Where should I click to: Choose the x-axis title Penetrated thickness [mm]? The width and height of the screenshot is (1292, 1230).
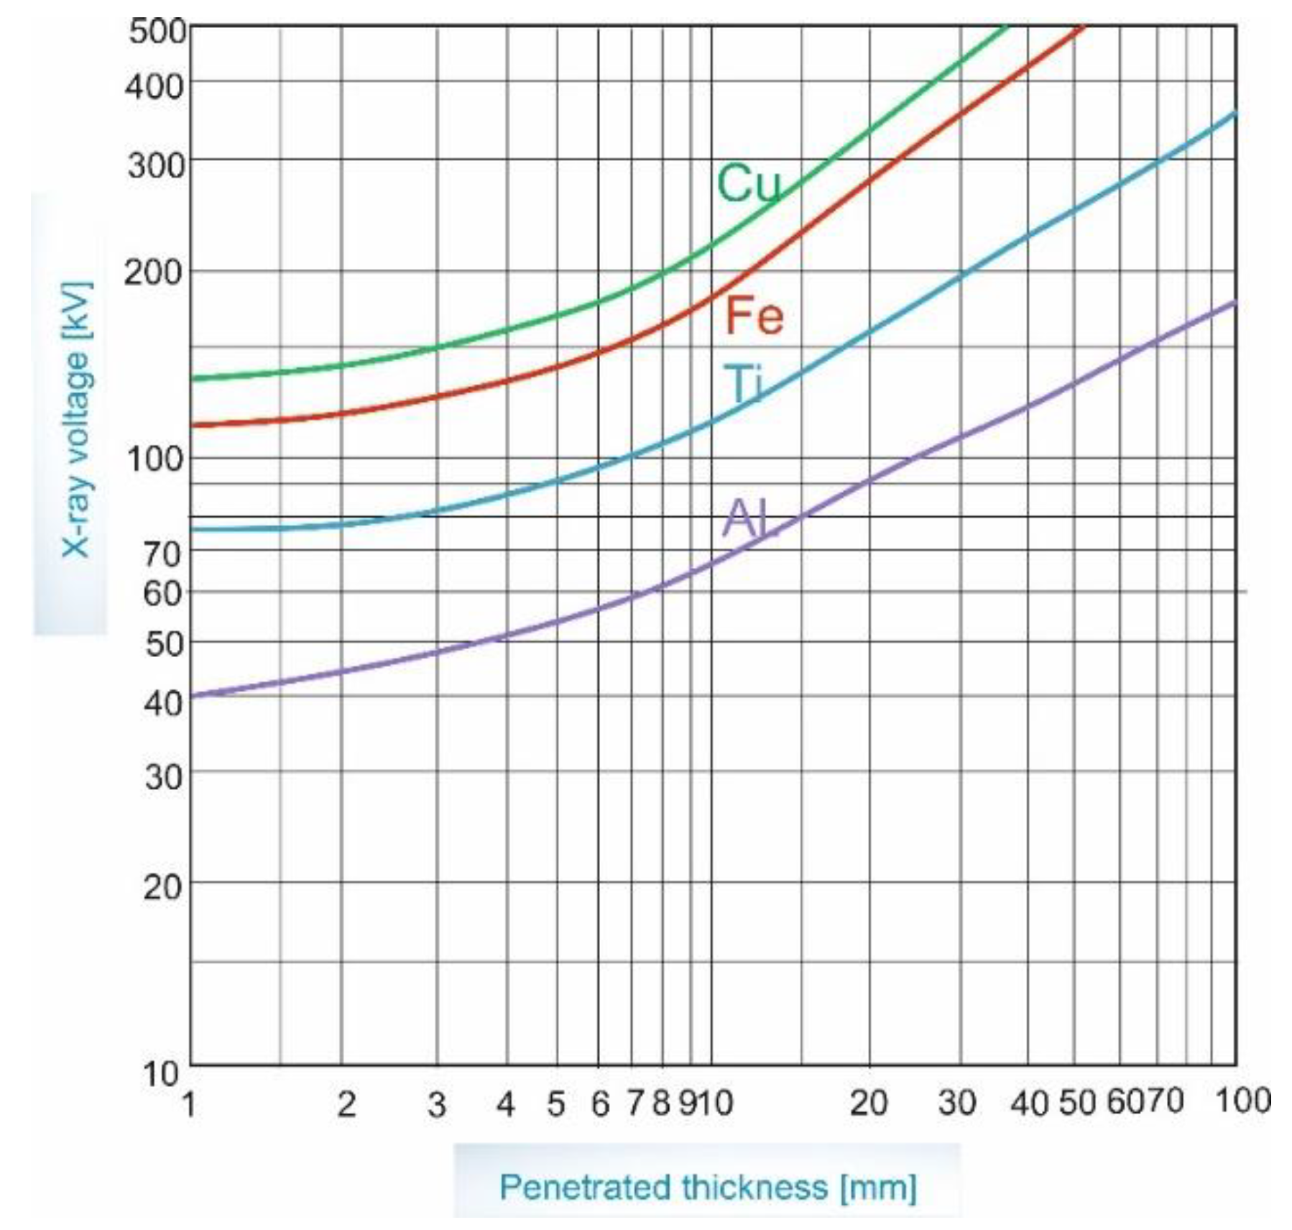coord(708,1187)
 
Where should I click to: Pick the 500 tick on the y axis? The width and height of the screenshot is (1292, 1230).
coord(157,32)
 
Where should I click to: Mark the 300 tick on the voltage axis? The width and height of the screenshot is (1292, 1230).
coord(156,165)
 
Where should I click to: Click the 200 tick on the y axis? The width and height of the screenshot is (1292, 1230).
coord(153,273)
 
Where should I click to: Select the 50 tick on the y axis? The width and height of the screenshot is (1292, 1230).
coord(164,644)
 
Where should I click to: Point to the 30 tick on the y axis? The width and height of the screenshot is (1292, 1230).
coord(164,776)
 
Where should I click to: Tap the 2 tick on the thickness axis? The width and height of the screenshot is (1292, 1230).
coord(346,1103)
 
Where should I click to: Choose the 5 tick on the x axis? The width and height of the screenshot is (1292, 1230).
coord(555,1103)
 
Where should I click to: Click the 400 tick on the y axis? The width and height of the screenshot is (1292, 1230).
coord(156,87)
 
